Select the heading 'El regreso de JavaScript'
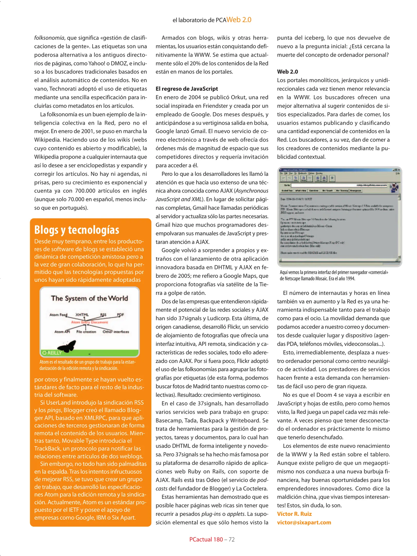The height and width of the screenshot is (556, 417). tap(187, 89)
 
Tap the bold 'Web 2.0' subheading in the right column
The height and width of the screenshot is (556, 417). tap(287, 72)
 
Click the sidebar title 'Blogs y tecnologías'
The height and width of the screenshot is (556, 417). tap(77, 230)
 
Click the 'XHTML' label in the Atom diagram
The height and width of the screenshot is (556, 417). tap(82, 315)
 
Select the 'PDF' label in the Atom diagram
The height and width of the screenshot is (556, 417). tap(120, 315)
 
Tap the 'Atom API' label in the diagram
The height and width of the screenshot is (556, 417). tap(62, 332)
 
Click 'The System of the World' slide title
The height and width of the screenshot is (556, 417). tap(89, 298)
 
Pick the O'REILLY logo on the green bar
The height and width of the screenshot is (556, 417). tap(52, 353)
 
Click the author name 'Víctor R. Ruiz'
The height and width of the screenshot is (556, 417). tap(294, 514)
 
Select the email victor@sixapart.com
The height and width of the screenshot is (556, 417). tap(304, 522)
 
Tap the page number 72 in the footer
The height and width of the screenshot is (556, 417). tap(232, 539)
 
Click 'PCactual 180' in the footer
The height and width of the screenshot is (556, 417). tap(206, 539)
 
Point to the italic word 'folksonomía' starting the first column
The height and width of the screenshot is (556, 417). tap(49, 38)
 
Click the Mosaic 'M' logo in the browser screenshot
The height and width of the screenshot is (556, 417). tap(394, 187)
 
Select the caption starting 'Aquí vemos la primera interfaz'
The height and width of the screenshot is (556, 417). tap(334, 275)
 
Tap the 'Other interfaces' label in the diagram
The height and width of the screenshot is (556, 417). tap(116, 332)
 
